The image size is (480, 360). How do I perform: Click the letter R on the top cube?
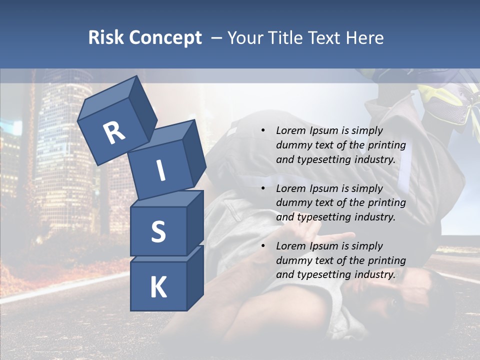coord(114,132)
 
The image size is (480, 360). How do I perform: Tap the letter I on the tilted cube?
coord(160,170)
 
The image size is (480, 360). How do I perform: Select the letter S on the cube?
coord(158,231)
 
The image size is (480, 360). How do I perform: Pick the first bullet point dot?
coord(263,130)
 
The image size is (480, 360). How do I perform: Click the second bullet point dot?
coord(263,188)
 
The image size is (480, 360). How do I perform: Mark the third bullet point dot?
coord(263,246)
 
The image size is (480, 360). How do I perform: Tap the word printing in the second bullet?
coord(388,203)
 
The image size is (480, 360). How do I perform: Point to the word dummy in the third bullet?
coord(291,260)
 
